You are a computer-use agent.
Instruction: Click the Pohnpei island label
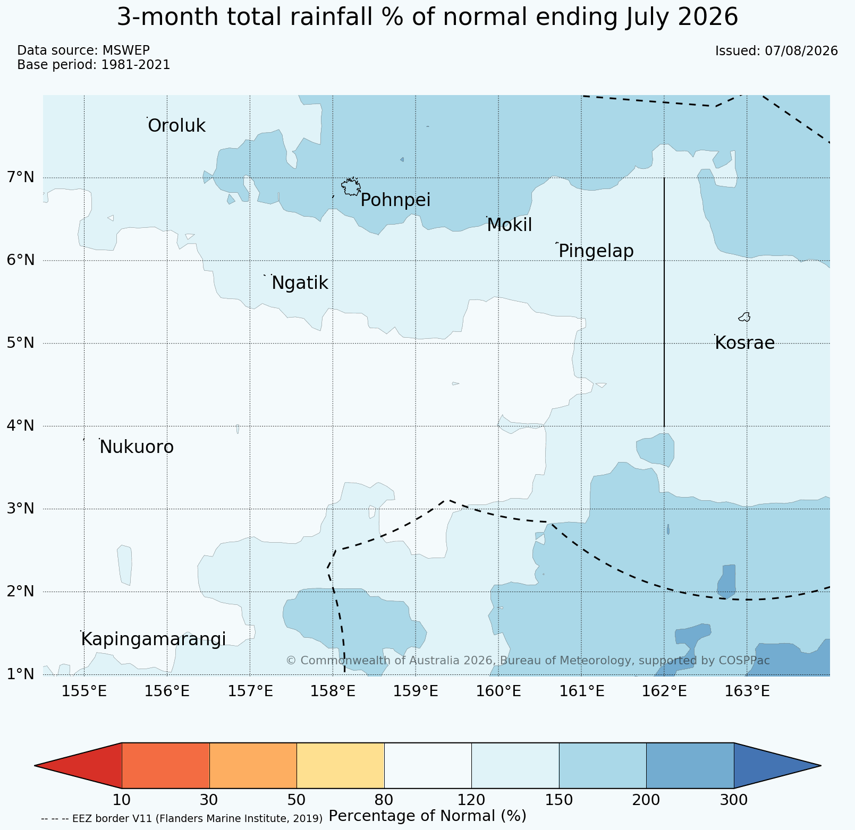(x=395, y=200)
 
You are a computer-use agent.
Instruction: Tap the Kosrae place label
(x=744, y=343)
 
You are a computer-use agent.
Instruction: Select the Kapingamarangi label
(x=154, y=639)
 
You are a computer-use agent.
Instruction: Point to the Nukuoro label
(x=137, y=447)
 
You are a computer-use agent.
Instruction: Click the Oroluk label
(x=176, y=126)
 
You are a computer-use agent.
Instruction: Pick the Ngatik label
(x=300, y=284)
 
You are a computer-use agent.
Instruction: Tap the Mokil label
(x=509, y=225)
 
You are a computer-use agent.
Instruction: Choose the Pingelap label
(x=596, y=251)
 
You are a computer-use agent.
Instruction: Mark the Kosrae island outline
(x=744, y=317)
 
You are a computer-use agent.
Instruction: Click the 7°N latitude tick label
(x=21, y=177)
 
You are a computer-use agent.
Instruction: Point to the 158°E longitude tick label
(x=333, y=691)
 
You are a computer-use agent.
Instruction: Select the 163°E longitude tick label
(x=747, y=691)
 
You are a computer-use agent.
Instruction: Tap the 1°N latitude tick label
(x=21, y=674)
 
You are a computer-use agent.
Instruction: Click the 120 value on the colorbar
(x=471, y=800)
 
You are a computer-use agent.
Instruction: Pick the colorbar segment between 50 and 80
(x=341, y=765)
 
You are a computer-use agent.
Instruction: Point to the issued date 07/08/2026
(x=801, y=51)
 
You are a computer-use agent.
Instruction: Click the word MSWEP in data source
(x=126, y=50)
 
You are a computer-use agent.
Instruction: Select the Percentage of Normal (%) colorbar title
(x=428, y=816)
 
